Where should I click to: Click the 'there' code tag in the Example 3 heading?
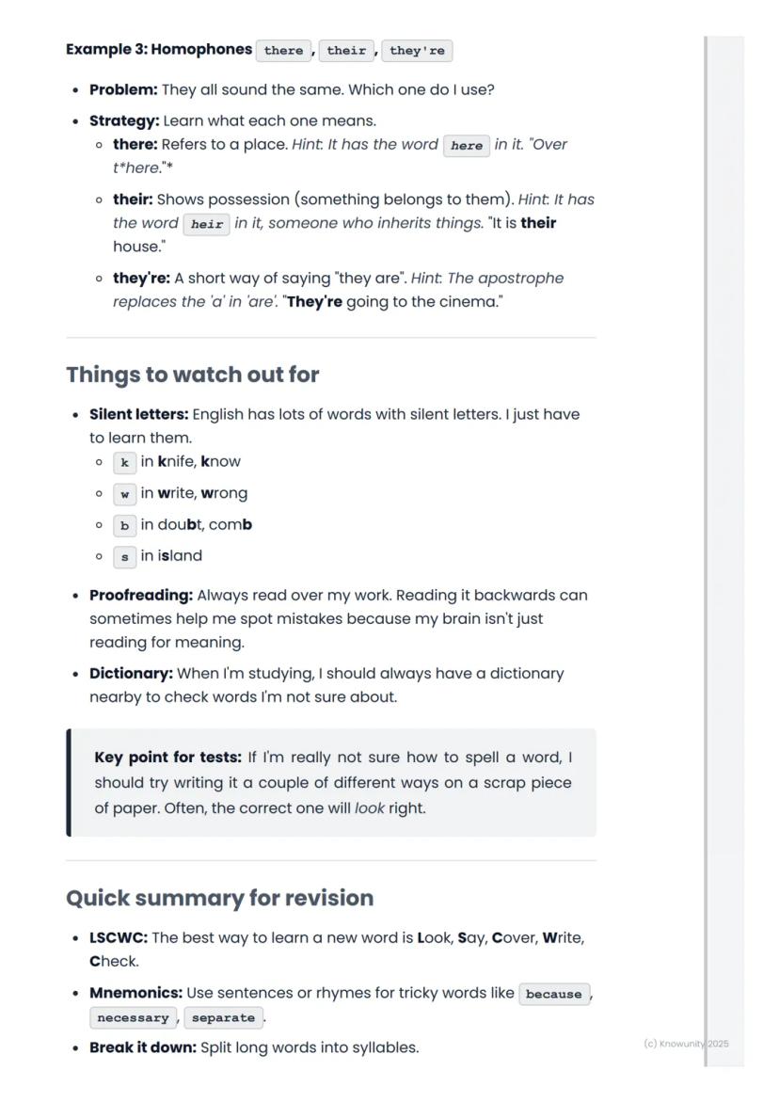coord(283,51)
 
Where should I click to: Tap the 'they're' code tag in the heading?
coord(417,51)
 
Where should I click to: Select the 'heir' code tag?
coord(206,224)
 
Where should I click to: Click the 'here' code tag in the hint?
coord(467,146)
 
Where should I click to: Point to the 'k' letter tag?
coord(124,463)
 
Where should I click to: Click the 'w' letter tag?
coord(124,494)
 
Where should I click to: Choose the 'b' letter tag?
coord(124,526)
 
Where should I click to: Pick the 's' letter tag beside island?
coord(124,557)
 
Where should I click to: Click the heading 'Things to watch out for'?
coord(193,375)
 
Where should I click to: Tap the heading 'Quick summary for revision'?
coord(219,898)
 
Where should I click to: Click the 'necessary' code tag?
coord(133,1018)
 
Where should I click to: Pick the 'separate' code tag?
coord(223,1018)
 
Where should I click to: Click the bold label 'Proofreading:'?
coord(141,596)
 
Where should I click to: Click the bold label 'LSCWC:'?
coord(119,938)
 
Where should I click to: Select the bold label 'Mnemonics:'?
coord(135,993)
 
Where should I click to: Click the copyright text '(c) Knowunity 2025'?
coord(686,1044)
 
